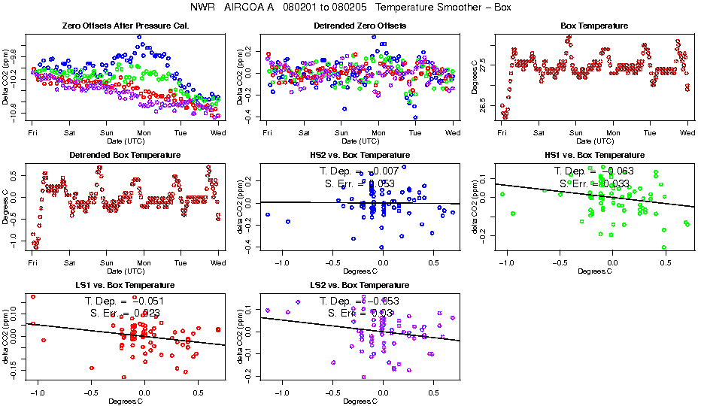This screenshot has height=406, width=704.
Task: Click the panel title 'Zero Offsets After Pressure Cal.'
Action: [x=125, y=26]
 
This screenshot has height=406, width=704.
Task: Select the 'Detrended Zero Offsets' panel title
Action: [x=360, y=26]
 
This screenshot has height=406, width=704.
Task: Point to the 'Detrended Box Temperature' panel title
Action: [x=125, y=156]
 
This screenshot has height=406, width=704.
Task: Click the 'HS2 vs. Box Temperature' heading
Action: [x=360, y=156]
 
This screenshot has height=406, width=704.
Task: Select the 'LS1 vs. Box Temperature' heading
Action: [x=125, y=286]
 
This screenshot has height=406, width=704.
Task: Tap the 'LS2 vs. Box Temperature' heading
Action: [x=360, y=286]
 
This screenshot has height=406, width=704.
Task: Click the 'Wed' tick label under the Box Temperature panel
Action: [x=687, y=133]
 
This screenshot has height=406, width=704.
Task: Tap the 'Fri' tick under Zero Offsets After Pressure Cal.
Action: [x=33, y=133]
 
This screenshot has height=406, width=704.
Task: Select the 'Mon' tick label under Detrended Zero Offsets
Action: [x=378, y=133]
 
